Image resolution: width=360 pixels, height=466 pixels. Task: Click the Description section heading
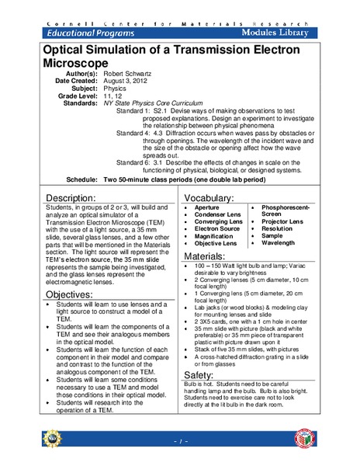pos(77,197)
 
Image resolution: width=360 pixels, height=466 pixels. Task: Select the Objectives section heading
pos(74,296)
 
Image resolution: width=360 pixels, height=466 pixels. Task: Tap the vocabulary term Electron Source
pos(216,230)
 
